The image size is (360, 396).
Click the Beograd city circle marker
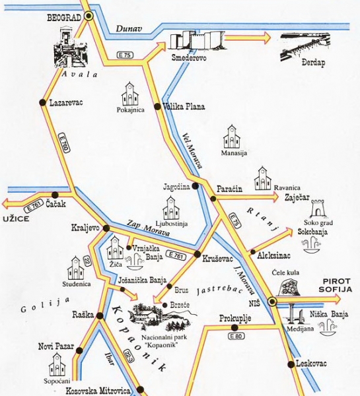point(89,16)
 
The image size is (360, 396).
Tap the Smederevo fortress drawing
point(198,40)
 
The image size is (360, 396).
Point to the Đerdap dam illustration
point(305,47)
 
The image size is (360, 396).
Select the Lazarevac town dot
point(43,102)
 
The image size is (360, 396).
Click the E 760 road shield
point(64,143)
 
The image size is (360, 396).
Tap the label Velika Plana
point(184,106)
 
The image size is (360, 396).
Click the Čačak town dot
point(55,195)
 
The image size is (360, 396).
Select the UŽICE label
point(16,218)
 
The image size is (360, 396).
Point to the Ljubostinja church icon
point(171,208)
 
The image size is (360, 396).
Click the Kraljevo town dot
point(106,228)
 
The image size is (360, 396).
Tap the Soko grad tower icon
point(317,208)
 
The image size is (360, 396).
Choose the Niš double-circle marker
point(272,301)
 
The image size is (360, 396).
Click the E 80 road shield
point(236,336)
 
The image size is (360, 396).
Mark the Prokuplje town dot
point(234,327)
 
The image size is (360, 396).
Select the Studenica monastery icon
point(75,268)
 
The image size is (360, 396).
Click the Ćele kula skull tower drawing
point(289,287)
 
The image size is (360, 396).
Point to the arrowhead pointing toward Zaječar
point(274,197)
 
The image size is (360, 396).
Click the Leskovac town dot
point(291,364)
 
